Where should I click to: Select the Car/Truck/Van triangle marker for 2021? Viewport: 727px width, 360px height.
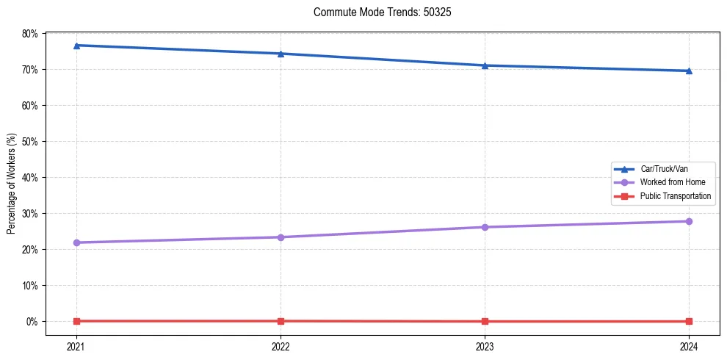[x=76, y=46]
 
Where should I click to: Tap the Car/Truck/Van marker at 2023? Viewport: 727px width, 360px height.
[x=485, y=65]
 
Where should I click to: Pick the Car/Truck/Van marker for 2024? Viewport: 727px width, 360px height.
[x=689, y=71]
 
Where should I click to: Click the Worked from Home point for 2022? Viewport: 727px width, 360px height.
[x=281, y=237]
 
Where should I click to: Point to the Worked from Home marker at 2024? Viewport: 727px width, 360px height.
[x=689, y=221]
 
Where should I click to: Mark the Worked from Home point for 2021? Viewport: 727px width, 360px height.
[x=76, y=242]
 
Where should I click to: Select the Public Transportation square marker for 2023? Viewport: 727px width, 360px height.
[x=485, y=321]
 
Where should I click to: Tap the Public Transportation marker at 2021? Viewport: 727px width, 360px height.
[x=76, y=321]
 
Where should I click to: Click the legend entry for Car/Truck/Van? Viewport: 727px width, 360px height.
[x=663, y=168]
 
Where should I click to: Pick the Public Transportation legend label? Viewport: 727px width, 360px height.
[x=675, y=196]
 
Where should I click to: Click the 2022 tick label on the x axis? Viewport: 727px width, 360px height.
[x=281, y=346]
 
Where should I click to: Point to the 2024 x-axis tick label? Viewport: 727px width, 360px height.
[x=689, y=346]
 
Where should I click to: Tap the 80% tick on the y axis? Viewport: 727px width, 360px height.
[x=30, y=34]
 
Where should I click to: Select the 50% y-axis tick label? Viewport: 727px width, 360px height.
[x=30, y=141]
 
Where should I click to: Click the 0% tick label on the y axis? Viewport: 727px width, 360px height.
[x=32, y=322]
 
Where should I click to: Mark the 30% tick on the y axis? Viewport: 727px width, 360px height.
[x=30, y=214]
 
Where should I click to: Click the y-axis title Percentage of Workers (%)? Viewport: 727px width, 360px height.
[x=12, y=184]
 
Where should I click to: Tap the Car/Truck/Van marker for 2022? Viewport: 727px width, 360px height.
[x=281, y=54]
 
